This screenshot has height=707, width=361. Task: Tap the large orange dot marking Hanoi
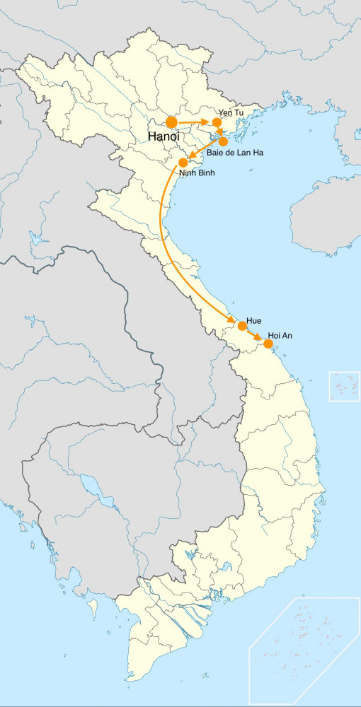point(171,122)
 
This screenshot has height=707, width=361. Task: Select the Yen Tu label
point(231,112)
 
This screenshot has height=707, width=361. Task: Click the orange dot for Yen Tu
point(217,122)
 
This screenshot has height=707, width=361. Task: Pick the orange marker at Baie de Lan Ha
point(224,141)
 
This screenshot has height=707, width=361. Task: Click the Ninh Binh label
point(197,173)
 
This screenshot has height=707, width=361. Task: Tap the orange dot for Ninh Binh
point(183,163)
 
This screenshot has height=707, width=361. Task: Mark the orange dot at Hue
point(242,326)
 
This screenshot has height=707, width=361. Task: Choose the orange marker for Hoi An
point(268,344)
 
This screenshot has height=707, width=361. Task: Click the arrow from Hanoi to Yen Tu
point(194,122)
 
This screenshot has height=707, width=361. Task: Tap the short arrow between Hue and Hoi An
point(255,335)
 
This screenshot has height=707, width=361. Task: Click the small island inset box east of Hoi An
point(344,386)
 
